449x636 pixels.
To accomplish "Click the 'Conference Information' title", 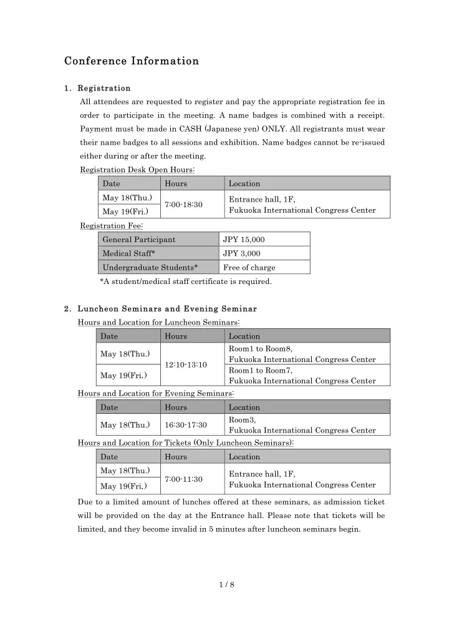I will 132,61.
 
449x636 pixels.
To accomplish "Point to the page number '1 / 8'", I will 224,585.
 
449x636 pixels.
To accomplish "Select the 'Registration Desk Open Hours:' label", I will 138,170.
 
